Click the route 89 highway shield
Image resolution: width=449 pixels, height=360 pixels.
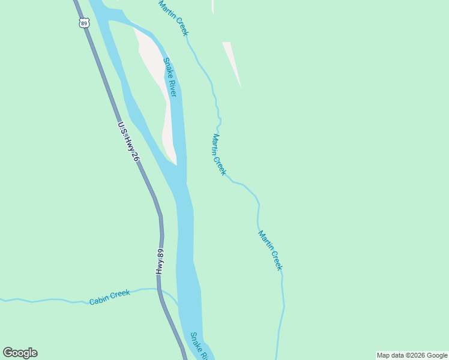coord(83,23)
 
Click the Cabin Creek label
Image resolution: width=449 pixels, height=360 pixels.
coord(109,297)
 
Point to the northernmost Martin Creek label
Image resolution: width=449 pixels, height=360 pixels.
coord(173,18)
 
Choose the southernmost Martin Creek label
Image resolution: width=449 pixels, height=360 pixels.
coord(270,250)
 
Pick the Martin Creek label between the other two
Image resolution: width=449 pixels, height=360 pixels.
coord(218,155)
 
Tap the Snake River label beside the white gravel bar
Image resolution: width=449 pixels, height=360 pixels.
coord(170,77)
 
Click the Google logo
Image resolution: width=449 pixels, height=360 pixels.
coord(20,353)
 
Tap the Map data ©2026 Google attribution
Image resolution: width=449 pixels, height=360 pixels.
coord(412,355)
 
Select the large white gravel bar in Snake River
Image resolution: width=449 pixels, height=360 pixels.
coord(157,84)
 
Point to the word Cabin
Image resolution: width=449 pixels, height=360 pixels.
coord(100,299)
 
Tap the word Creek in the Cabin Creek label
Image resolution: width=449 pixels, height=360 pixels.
coord(119,294)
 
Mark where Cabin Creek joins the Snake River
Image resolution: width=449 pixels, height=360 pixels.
coord(178,305)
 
